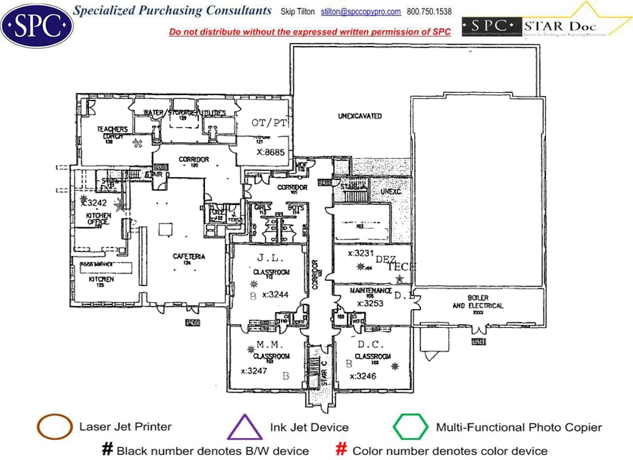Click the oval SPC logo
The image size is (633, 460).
pyautogui.click(x=37, y=24)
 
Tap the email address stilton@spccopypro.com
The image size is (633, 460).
pyautogui.click(x=361, y=12)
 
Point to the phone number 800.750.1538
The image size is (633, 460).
pyautogui.click(x=429, y=12)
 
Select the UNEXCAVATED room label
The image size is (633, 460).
pyautogui.click(x=360, y=116)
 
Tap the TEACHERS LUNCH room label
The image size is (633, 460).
pyautogui.click(x=112, y=132)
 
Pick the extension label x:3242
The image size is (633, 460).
pyautogui.click(x=93, y=203)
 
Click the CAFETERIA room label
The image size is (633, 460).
pyautogui.click(x=189, y=256)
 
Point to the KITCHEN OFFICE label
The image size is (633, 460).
pyautogui.click(x=98, y=218)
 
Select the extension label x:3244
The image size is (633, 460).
pyautogui.click(x=275, y=294)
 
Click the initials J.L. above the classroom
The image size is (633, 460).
pyautogui.click(x=270, y=258)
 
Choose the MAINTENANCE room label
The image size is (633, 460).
pyautogui.click(x=371, y=291)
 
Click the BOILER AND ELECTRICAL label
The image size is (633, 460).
pyautogui.click(x=478, y=302)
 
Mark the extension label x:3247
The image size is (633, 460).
pyautogui.click(x=255, y=371)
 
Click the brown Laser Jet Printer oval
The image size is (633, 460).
pyautogui.click(x=54, y=427)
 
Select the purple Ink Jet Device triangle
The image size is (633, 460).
pyautogui.click(x=245, y=428)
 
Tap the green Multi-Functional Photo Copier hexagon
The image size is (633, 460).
pyautogui.click(x=410, y=427)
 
